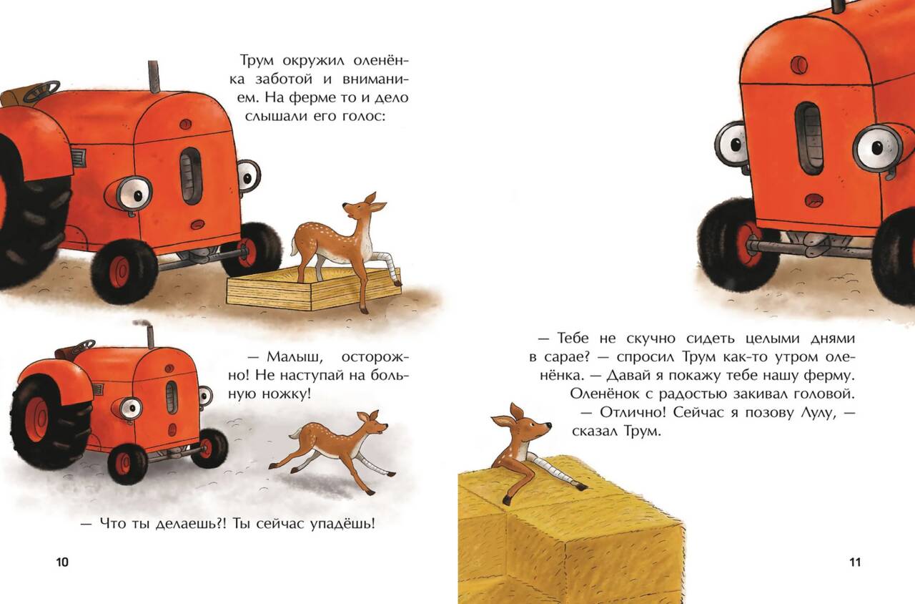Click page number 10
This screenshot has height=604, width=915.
62,562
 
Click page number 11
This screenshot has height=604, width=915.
855,562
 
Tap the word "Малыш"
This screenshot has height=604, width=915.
295,357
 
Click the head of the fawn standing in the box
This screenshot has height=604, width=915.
360,208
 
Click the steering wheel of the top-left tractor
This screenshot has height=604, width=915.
41,91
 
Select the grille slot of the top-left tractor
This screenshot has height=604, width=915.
191,176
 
